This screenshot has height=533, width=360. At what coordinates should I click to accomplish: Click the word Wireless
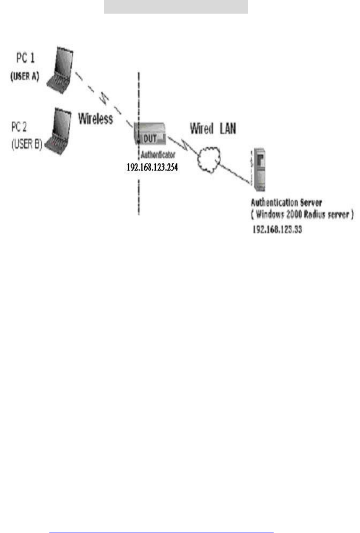click(x=96, y=119)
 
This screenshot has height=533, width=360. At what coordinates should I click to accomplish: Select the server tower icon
click(x=259, y=167)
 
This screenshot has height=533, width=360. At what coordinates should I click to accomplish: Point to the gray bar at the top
click(x=176, y=7)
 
